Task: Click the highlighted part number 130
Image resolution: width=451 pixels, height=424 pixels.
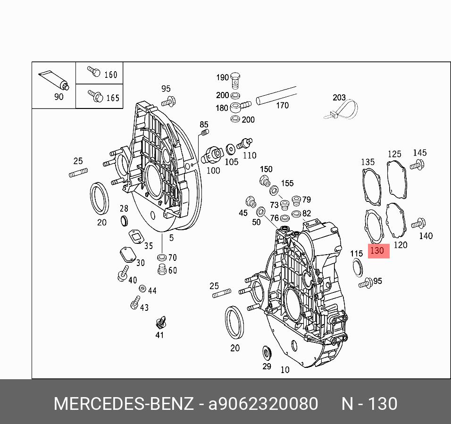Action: tap(377, 250)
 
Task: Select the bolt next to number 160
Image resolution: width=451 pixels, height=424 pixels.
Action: tap(94, 71)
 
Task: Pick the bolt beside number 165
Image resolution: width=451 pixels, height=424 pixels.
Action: tap(95, 96)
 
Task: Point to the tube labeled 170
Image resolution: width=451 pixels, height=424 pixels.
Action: tap(276, 96)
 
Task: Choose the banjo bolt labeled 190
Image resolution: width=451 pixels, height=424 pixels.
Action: tap(235, 81)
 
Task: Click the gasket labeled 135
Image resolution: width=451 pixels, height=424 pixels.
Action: tap(371, 187)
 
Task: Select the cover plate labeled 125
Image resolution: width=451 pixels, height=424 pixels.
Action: tap(397, 180)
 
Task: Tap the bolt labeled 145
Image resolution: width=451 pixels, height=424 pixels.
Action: tap(418, 165)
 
